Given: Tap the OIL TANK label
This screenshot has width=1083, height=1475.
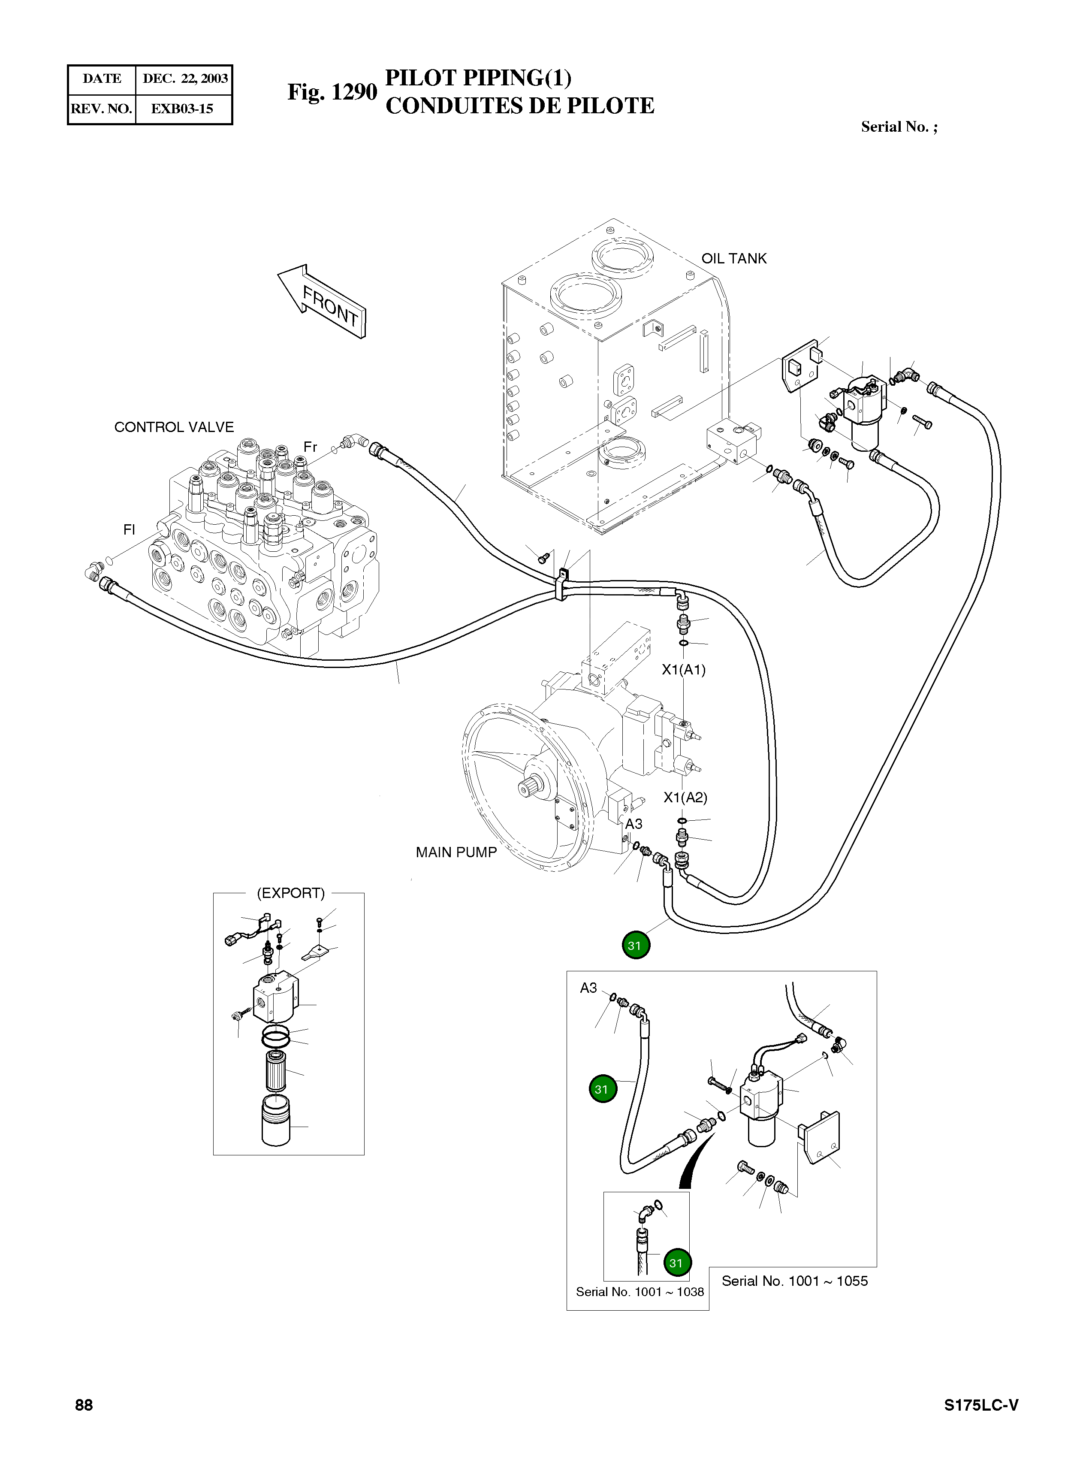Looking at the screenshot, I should coord(733,259).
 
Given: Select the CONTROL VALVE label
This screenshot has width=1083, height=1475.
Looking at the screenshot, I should coord(174,427).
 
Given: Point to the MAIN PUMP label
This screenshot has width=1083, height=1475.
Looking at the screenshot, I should coord(456,852).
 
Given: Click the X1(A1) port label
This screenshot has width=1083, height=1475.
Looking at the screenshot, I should coord(684,670).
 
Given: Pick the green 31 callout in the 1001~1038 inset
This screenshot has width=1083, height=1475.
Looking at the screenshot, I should coord(676,1263).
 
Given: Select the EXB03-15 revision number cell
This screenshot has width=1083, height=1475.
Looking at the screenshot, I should coord(182,109).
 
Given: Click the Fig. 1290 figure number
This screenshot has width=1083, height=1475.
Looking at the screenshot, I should coord(332,92).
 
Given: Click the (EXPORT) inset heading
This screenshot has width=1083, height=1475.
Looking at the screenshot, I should coord(290,894).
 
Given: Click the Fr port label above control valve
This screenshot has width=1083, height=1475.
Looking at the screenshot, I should coord(310,447).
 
